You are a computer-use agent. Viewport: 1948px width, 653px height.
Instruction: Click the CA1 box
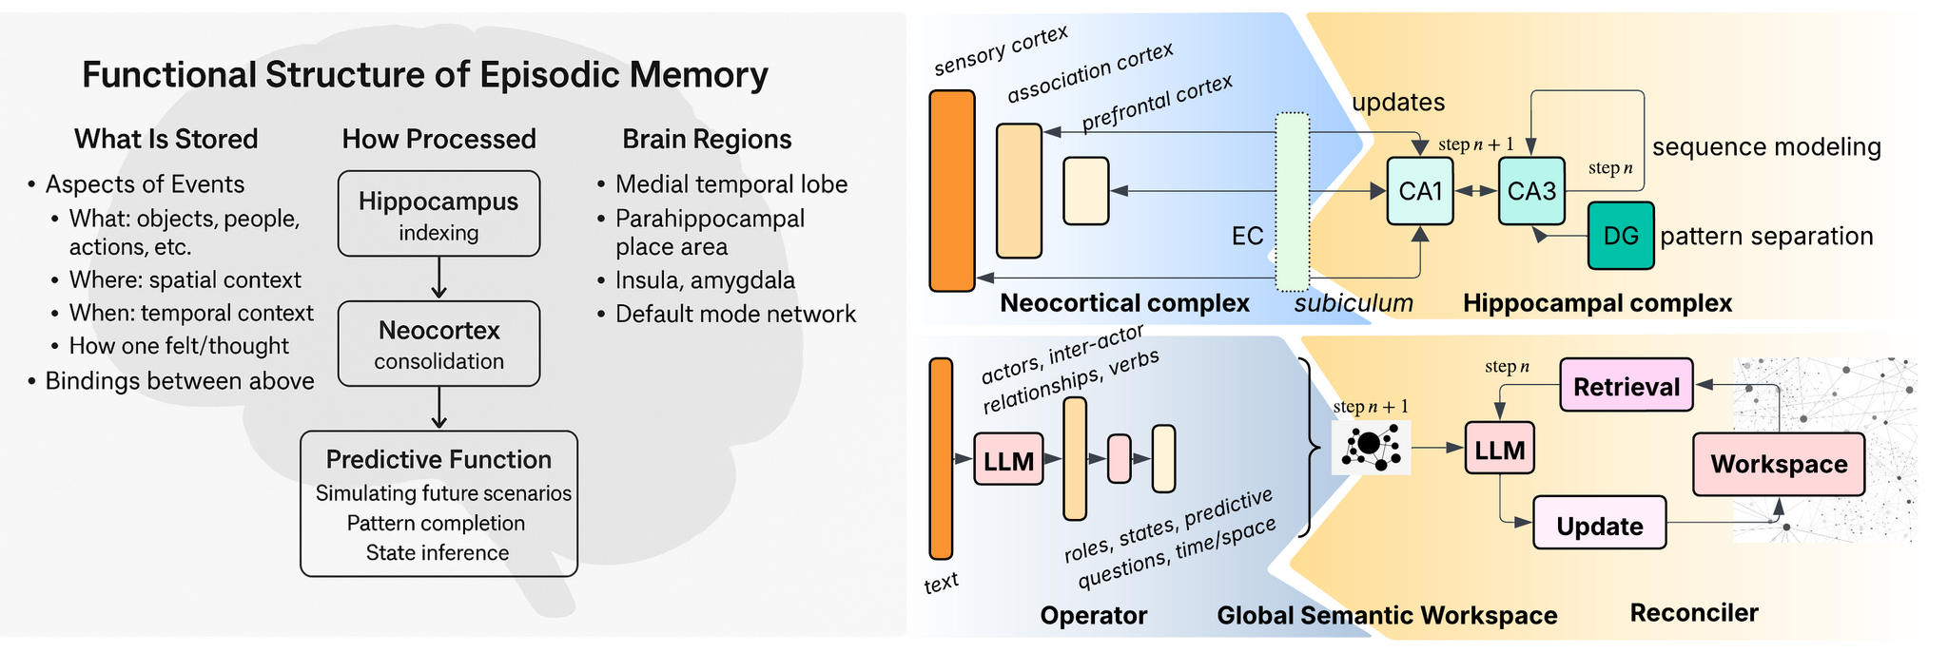pyautogui.click(x=1419, y=191)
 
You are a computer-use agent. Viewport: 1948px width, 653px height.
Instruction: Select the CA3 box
pyautogui.click(x=1531, y=191)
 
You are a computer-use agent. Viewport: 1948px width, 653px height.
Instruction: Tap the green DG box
pyautogui.click(x=1621, y=236)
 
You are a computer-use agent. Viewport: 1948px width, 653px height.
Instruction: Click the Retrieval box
pyautogui.click(x=1627, y=385)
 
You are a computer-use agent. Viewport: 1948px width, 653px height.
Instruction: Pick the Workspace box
pyautogui.click(x=1778, y=464)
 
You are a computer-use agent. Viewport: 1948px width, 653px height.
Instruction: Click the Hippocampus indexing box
pyautogui.click(x=438, y=214)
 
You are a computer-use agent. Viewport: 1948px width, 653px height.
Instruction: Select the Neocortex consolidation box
pyautogui.click(x=438, y=343)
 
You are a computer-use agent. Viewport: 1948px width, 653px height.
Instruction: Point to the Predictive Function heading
pyautogui.click(x=438, y=460)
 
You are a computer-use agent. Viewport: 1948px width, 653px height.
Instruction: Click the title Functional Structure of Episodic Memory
pyautogui.click(x=424, y=75)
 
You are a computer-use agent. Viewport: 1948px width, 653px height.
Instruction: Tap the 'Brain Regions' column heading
pyautogui.click(x=707, y=140)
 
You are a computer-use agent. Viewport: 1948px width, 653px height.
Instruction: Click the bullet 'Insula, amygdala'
pyautogui.click(x=704, y=280)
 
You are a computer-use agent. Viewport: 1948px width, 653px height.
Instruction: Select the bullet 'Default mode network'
pyautogui.click(x=734, y=314)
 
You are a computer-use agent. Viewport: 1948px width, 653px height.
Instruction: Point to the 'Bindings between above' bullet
pyautogui.click(x=179, y=381)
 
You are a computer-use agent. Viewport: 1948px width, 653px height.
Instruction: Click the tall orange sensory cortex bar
pyautogui.click(x=951, y=190)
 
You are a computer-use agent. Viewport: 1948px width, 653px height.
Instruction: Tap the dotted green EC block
pyautogui.click(x=1292, y=202)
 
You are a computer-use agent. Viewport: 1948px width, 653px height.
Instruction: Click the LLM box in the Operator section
pyautogui.click(x=1008, y=460)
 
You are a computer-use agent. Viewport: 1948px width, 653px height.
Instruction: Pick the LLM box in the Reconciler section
pyautogui.click(x=1499, y=449)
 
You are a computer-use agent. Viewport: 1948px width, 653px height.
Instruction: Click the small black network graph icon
pyautogui.click(x=1371, y=446)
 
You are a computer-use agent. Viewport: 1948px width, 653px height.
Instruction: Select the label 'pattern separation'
pyautogui.click(x=1765, y=237)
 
